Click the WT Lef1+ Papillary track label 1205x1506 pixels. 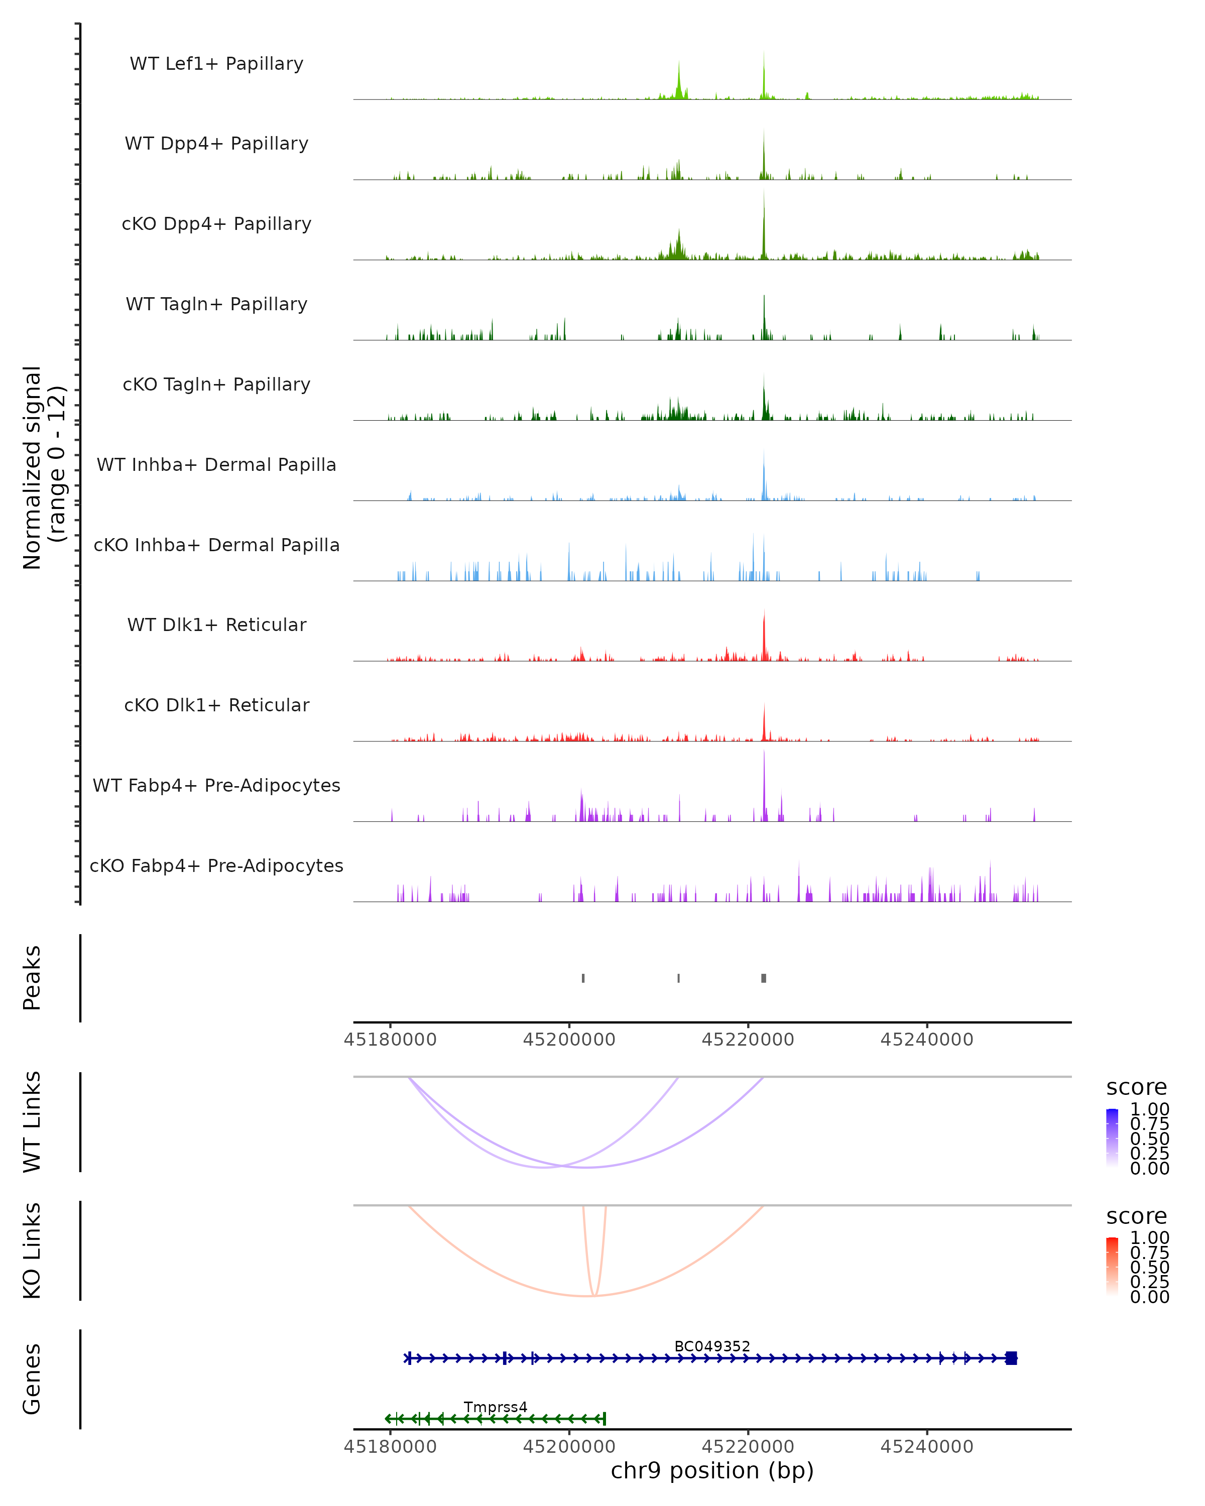tap(216, 64)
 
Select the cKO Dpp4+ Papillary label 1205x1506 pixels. tap(216, 224)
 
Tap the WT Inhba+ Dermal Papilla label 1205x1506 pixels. tap(216, 465)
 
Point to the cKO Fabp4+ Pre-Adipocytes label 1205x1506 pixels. tap(216, 866)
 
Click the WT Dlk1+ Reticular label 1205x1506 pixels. tap(216, 625)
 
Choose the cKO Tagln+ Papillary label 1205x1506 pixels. tap(216, 385)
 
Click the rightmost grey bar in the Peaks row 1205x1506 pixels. tap(764, 978)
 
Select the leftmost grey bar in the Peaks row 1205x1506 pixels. tap(583, 978)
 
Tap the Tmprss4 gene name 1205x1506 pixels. tap(495, 1407)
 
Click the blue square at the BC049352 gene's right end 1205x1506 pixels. tap(1011, 1358)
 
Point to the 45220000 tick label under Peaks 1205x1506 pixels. tap(748, 1040)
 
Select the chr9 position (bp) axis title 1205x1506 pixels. tap(712, 1471)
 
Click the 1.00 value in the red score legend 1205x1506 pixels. tap(1149, 1238)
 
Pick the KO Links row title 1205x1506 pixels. tap(32, 1250)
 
